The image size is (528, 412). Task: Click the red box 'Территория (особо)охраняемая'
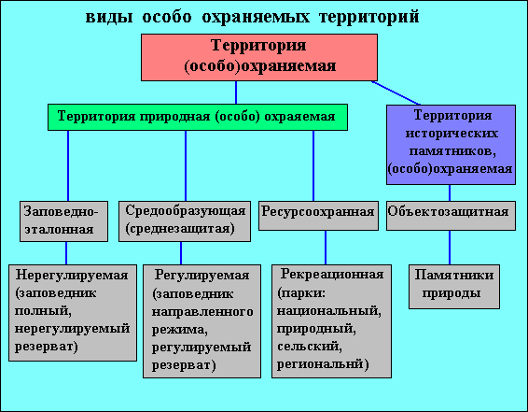[x=259, y=57]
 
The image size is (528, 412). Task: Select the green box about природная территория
[x=198, y=117]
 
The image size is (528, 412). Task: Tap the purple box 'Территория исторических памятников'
[x=451, y=145]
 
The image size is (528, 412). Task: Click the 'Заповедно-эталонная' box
[x=64, y=221]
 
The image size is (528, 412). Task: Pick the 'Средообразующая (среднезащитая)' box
[x=185, y=221]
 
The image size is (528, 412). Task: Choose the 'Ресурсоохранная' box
[x=318, y=216]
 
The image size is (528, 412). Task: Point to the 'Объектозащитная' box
[x=451, y=216]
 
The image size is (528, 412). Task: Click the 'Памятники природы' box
[x=454, y=287]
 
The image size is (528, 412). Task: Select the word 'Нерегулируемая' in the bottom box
[x=72, y=275]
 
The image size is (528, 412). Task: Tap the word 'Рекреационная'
[x=332, y=274]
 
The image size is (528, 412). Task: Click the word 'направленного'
[x=202, y=312]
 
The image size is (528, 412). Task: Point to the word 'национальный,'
[x=329, y=310]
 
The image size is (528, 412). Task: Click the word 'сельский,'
[x=310, y=347]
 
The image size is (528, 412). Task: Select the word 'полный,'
[x=43, y=311]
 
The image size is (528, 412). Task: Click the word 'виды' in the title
[x=109, y=17]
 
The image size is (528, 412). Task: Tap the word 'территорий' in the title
[x=368, y=17]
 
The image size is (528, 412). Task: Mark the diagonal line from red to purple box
[x=396, y=93]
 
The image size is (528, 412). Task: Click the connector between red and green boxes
[x=236, y=92]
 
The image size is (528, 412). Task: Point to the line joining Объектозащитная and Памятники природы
[x=450, y=248]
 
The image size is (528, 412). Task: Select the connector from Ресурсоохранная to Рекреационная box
[x=326, y=248]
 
